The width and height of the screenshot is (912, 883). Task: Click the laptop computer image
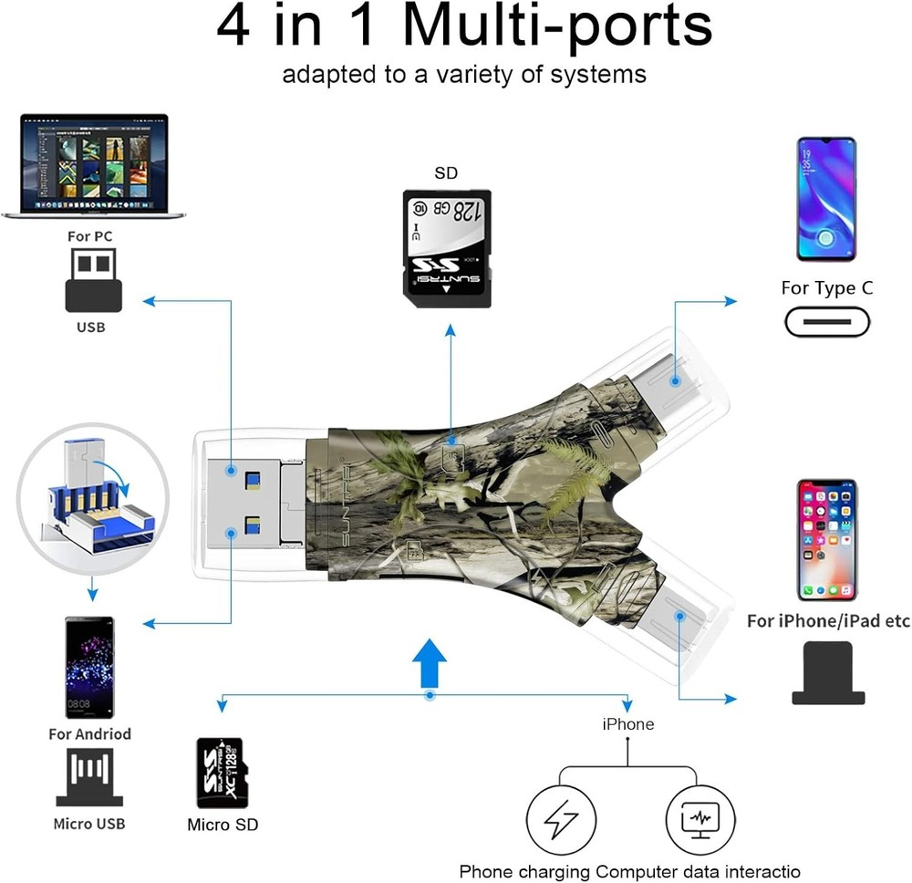tap(93, 165)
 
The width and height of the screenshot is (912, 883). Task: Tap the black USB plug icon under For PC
tap(93, 282)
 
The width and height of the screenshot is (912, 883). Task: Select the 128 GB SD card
tap(447, 243)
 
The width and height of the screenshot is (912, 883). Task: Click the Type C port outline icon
tap(827, 321)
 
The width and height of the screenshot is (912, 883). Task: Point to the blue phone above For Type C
tap(826, 199)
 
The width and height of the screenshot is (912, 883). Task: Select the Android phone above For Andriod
tap(89, 667)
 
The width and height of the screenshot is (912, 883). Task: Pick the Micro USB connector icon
tap(89, 778)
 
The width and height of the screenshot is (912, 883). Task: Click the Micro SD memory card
tap(223, 773)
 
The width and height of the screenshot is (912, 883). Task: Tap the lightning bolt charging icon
tap(561, 817)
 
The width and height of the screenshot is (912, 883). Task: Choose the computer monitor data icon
tap(700, 817)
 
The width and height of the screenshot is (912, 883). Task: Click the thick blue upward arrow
tap(429, 662)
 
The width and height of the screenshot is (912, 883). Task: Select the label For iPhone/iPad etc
tap(828, 621)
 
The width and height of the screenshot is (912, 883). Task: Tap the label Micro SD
tap(223, 825)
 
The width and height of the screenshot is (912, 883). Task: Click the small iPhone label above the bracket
tap(627, 723)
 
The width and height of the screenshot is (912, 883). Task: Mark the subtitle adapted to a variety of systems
tap(464, 74)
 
